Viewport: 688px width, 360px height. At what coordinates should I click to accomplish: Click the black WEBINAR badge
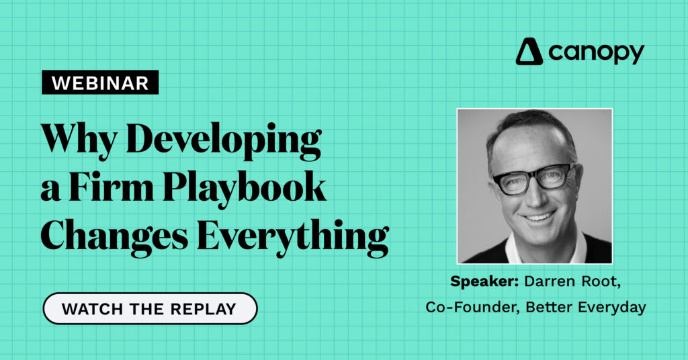[100, 83]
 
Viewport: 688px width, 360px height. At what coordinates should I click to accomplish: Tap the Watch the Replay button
[150, 309]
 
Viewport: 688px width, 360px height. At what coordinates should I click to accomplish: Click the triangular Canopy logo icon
[529, 52]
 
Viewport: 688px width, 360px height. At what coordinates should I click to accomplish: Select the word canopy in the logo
[596, 53]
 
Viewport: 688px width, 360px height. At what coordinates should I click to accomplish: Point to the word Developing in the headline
[224, 140]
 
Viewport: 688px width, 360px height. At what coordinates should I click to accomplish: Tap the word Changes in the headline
[114, 237]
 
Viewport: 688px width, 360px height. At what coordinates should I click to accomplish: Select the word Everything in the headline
[293, 237]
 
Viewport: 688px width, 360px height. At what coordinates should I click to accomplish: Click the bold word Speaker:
[485, 281]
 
